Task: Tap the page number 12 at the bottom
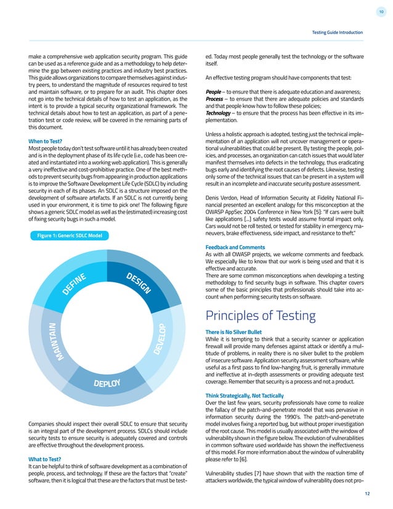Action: (367, 494)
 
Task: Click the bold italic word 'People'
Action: (213, 91)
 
